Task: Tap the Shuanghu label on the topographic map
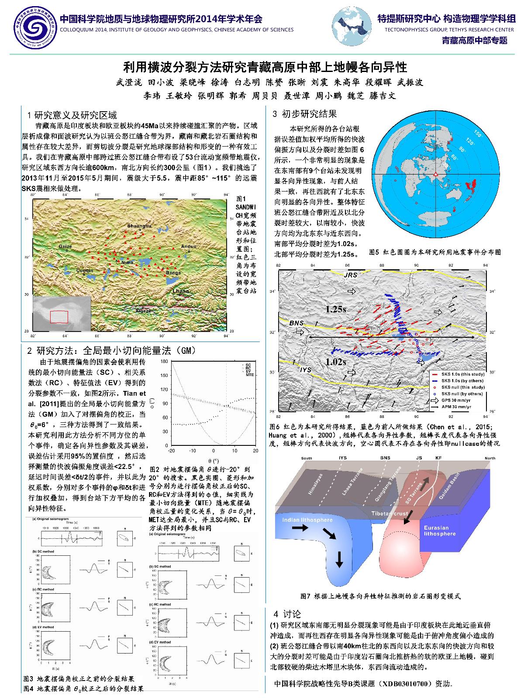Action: point(139,226)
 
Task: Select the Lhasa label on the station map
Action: point(181,291)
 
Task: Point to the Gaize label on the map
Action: point(65,246)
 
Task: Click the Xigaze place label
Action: point(143,311)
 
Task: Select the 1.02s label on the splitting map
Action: point(335,362)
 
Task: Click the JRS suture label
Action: point(350,275)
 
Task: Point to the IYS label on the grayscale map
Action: point(306,370)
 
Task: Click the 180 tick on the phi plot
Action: point(164,362)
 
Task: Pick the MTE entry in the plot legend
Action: point(249,375)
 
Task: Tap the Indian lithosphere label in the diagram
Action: point(301,520)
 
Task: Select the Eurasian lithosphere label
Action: point(440,530)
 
